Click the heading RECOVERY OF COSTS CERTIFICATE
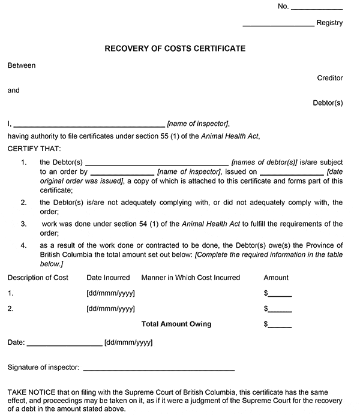[175, 48]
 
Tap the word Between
[22, 65]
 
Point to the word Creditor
[330, 78]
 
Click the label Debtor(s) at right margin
[328, 103]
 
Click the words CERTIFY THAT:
[34, 148]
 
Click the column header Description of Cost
[38, 278]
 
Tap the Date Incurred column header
[108, 278]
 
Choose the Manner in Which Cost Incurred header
[190, 278]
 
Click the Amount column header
[276, 278]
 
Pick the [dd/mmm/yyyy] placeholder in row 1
[111, 294]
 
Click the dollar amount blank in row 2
[280, 311]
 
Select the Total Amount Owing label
[176, 324]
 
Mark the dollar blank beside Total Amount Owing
[280, 326]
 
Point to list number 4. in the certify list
[23, 245]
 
